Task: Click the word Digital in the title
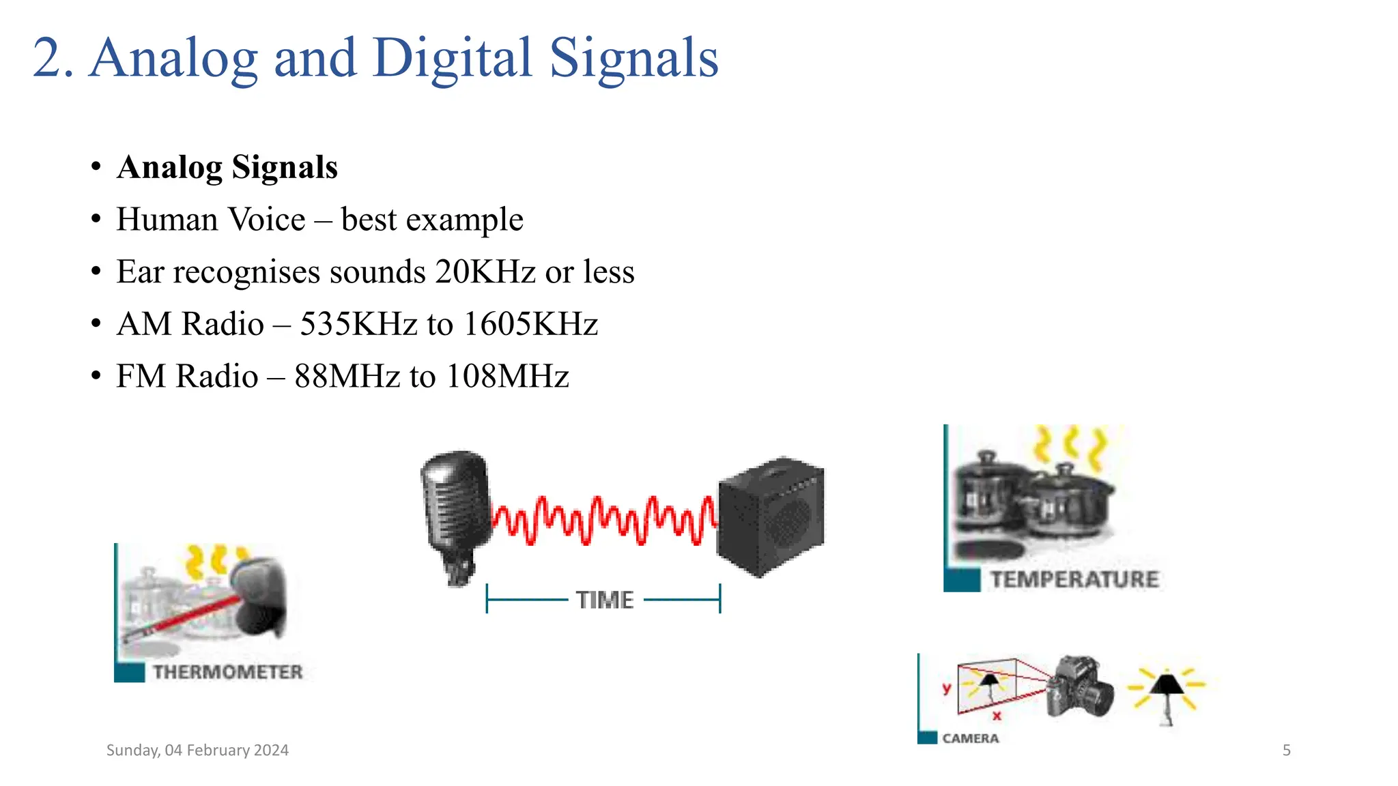click(x=452, y=58)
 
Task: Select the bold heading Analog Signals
click(x=227, y=167)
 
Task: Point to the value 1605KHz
click(x=530, y=324)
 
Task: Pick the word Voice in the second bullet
click(x=267, y=220)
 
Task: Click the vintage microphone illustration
click(x=455, y=512)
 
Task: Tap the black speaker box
click(x=771, y=515)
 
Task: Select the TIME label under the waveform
click(x=605, y=600)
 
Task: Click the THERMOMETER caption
click(x=227, y=672)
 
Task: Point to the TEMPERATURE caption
click(x=1074, y=579)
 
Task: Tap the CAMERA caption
click(x=970, y=738)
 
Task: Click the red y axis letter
click(x=947, y=688)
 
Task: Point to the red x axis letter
click(x=997, y=716)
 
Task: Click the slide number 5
click(x=1286, y=751)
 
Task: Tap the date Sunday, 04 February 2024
click(x=197, y=751)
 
